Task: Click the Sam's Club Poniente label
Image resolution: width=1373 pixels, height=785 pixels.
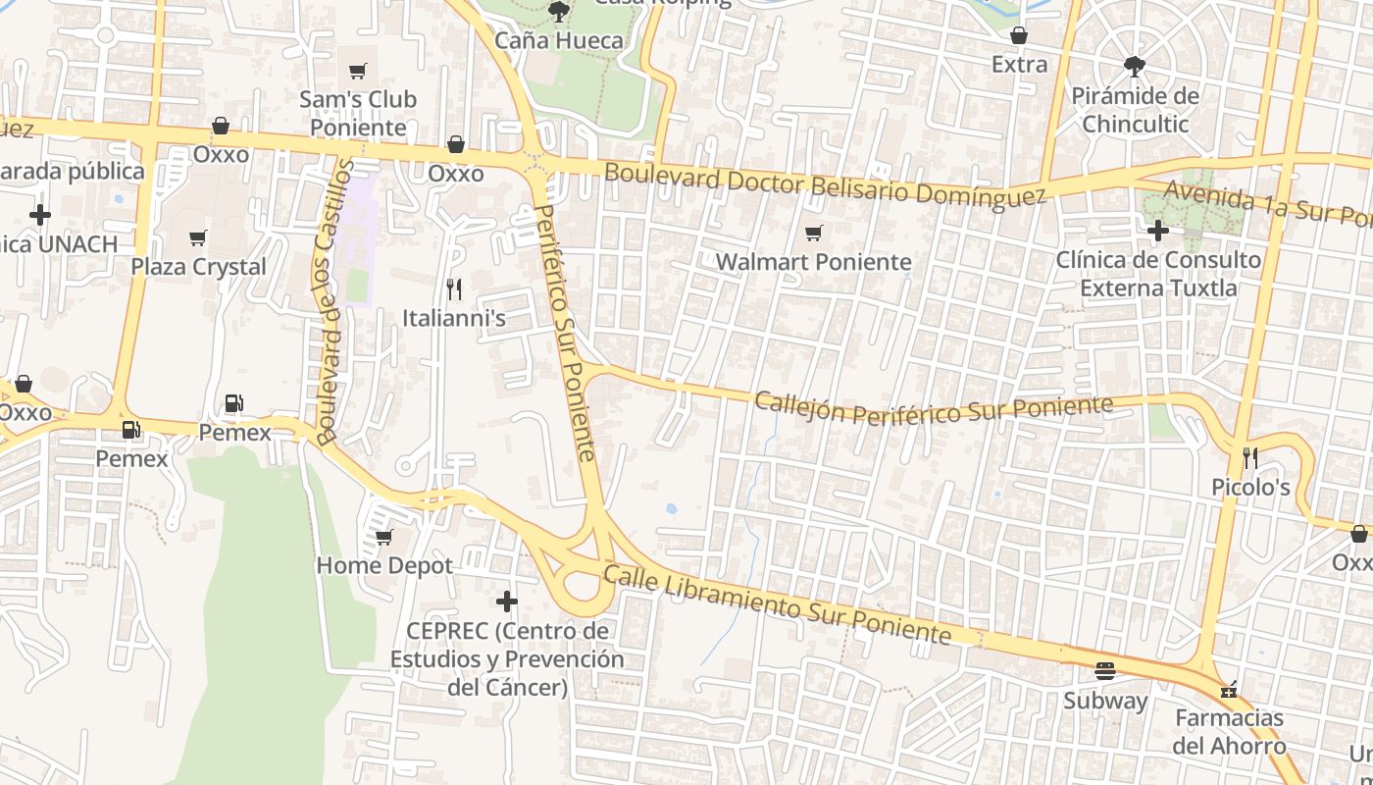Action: click(358, 113)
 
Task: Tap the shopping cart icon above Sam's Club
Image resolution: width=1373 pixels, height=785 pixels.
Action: click(358, 71)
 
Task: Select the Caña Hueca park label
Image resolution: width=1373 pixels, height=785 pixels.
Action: click(559, 40)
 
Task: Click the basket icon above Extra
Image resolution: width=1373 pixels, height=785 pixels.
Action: click(1020, 35)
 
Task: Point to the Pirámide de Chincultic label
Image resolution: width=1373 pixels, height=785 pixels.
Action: click(1135, 110)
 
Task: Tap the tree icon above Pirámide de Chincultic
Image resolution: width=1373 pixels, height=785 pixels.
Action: click(1135, 66)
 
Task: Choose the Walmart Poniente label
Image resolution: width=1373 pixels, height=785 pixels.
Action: click(814, 262)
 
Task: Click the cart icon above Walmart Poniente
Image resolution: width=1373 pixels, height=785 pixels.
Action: click(813, 234)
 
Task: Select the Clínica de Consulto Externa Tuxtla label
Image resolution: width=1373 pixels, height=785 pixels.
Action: click(1158, 274)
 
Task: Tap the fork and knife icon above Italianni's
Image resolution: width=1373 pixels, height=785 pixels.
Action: click(454, 288)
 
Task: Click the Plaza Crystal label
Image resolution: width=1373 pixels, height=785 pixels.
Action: click(199, 267)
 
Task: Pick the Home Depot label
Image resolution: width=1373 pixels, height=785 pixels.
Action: click(384, 565)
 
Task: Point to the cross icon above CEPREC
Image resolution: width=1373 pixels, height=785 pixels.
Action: click(507, 601)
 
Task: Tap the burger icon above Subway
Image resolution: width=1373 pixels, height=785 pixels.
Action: click(1105, 671)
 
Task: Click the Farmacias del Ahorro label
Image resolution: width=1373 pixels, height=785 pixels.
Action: click(1230, 732)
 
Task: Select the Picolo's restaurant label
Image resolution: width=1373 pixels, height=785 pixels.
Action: click(1250, 487)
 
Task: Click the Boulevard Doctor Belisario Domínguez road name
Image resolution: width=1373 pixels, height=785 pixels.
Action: click(825, 185)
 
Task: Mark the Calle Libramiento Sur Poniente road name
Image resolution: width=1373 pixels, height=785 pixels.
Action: click(777, 604)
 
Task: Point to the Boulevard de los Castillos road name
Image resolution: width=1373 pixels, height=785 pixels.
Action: click(333, 302)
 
